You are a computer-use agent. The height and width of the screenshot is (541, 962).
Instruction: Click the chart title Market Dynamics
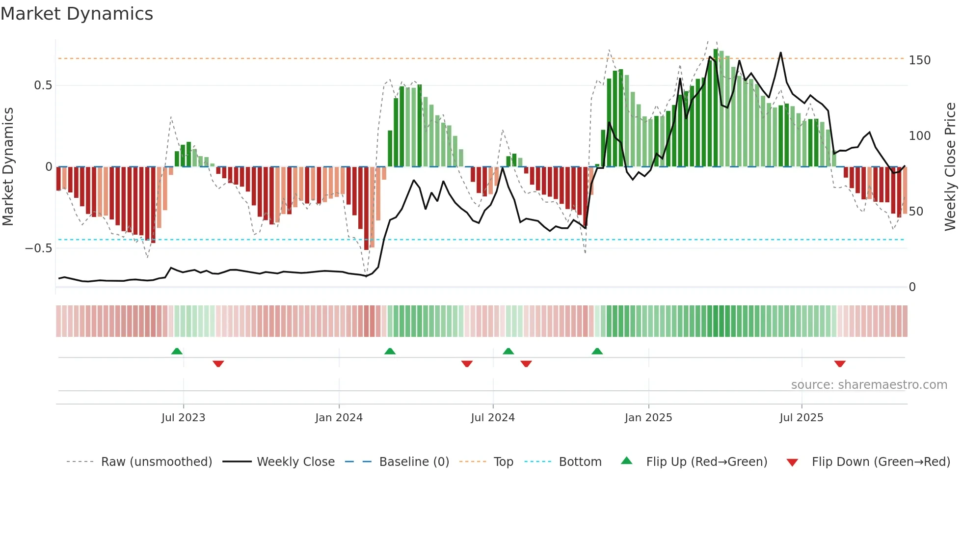click(x=77, y=14)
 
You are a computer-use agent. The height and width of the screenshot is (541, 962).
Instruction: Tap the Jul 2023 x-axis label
click(x=183, y=418)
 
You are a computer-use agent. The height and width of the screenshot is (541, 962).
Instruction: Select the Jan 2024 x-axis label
click(x=339, y=418)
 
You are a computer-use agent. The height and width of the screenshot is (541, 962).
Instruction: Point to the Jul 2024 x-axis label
click(x=493, y=418)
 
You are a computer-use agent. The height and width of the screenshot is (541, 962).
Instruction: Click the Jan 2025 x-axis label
click(x=648, y=418)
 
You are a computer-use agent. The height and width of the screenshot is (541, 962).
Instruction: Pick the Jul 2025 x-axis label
click(x=802, y=418)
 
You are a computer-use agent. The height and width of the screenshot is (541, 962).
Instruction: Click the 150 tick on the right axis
click(x=919, y=60)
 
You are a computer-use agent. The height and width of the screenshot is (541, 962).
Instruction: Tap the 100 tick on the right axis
click(x=919, y=136)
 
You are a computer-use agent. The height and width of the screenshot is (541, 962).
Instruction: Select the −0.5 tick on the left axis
click(x=39, y=248)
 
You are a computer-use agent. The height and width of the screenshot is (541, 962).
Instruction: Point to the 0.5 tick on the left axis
click(x=43, y=85)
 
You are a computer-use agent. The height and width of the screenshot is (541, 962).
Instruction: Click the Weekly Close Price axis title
click(x=950, y=167)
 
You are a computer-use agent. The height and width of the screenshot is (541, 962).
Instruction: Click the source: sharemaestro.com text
click(x=869, y=385)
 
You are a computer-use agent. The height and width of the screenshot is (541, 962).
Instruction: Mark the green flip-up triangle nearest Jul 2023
click(x=177, y=351)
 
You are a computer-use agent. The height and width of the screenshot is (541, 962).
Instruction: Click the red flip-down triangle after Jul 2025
click(x=840, y=364)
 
